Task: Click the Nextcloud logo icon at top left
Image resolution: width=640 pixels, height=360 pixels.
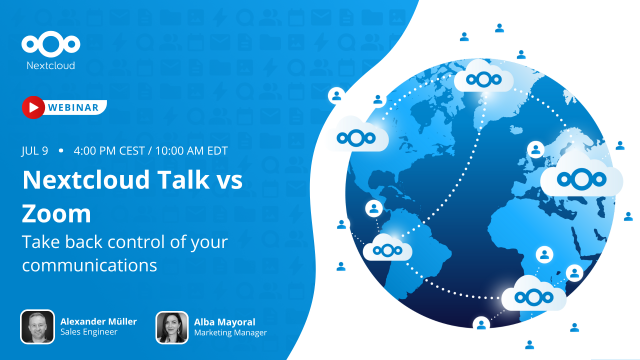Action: point(49,44)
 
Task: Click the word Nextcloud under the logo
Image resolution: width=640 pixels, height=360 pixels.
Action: point(49,66)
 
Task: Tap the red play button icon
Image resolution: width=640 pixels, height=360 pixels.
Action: point(33,107)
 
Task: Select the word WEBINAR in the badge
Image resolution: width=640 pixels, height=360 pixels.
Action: point(73,107)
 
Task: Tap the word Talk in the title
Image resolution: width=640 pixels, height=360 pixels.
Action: point(183,181)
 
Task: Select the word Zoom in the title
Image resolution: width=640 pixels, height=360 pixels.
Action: point(56,214)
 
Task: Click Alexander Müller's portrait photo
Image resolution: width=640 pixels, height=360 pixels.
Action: point(37,326)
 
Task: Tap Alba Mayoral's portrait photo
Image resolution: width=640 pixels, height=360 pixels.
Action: point(172,326)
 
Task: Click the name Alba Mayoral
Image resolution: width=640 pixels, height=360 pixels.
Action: point(226,320)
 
